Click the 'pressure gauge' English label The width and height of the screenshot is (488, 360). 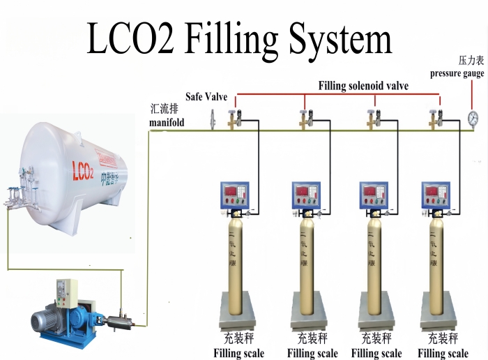(457, 73)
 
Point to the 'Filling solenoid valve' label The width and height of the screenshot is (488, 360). (363, 86)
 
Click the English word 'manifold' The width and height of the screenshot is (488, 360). (167, 123)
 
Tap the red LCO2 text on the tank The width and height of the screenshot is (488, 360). (82, 170)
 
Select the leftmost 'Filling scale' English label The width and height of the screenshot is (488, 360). (239, 354)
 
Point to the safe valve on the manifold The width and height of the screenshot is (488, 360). (211, 121)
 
